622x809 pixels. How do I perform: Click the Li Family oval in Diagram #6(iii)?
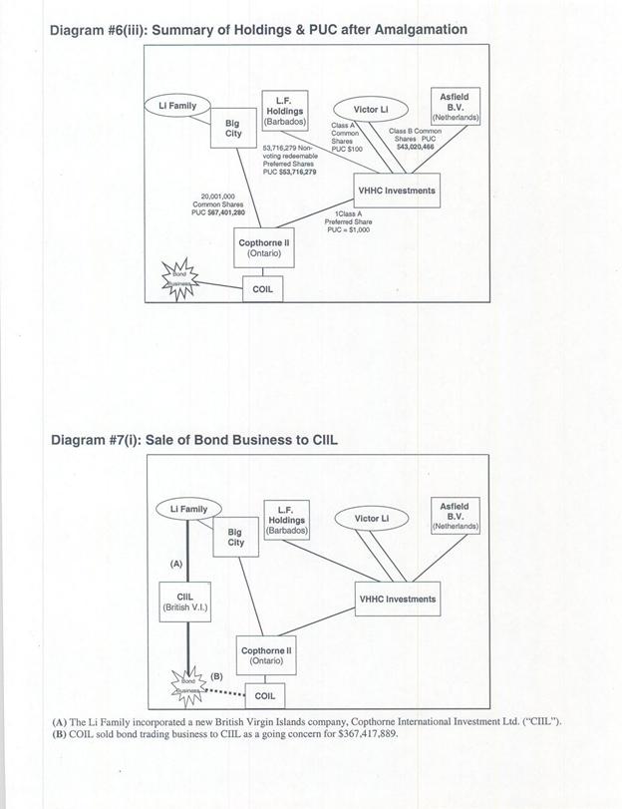point(178,105)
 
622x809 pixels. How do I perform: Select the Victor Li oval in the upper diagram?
point(372,109)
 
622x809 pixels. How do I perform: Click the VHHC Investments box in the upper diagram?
point(396,190)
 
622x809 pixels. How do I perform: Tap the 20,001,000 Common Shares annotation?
point(217,203)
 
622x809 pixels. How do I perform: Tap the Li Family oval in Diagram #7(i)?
point(188,510)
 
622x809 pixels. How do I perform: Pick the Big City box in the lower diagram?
point(235,538)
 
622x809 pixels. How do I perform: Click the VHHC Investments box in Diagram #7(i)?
point(396,600)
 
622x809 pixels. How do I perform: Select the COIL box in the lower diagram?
point(265,694)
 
